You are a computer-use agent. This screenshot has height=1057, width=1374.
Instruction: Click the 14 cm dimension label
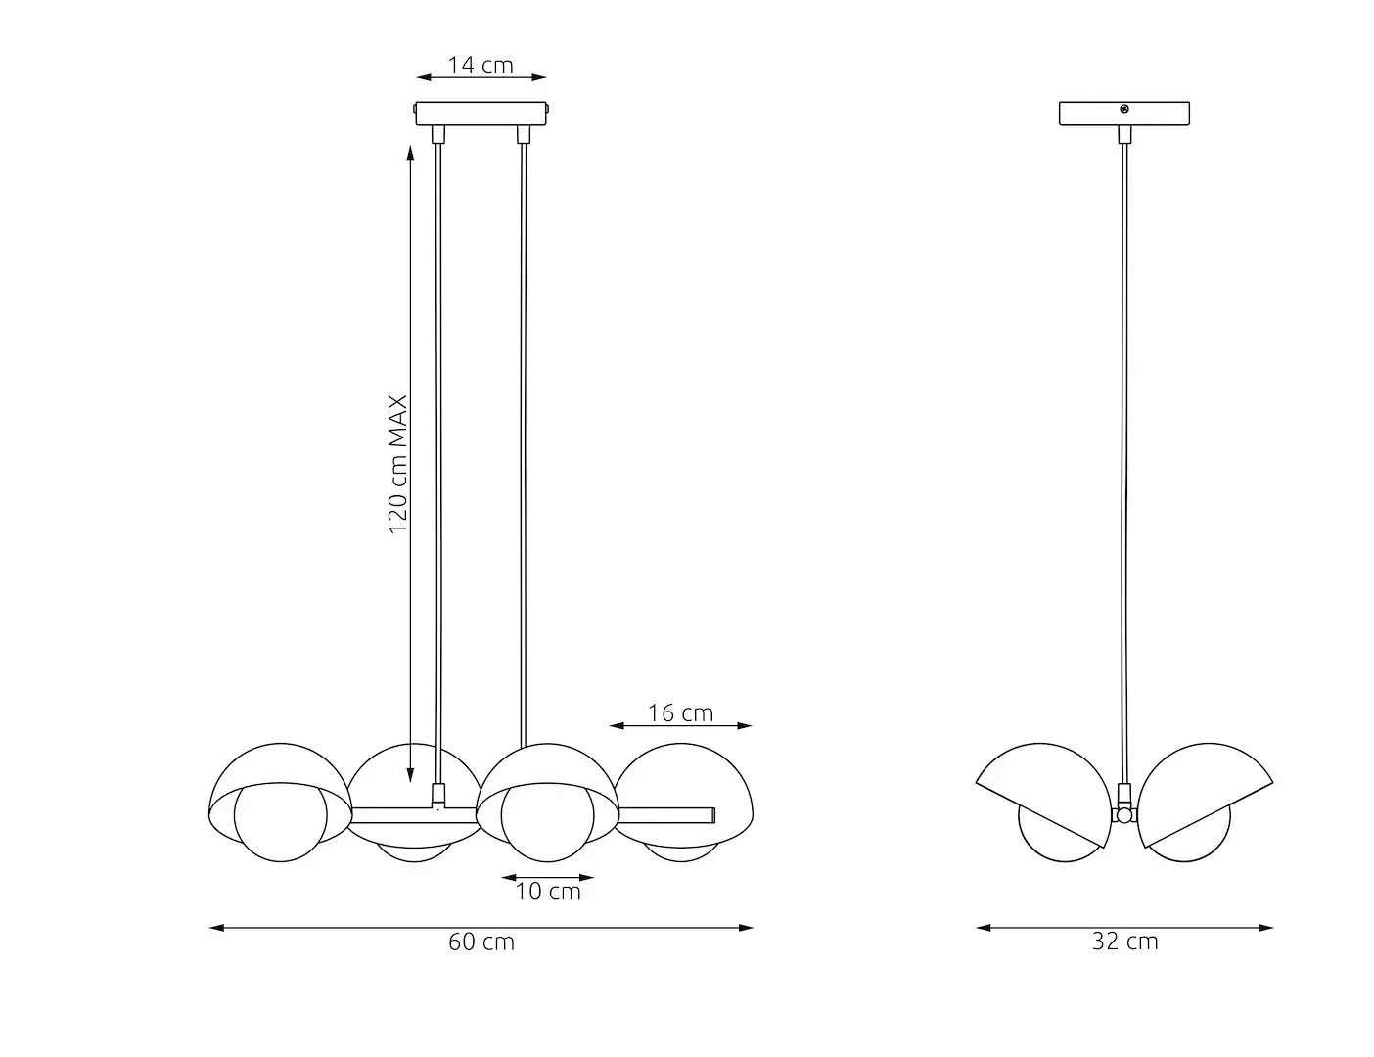tap(481, 65)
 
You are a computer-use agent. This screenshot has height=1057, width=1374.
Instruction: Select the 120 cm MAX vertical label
tap(398, 465)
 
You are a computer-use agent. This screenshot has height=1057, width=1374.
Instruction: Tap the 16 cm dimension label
tap(680, 712)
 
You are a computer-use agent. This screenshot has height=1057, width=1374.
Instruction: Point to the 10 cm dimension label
tap(548, 892)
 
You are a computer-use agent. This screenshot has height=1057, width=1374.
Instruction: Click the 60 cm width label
tap(481, 942)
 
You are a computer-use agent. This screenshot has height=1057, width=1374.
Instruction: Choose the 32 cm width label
tap(1124, 942)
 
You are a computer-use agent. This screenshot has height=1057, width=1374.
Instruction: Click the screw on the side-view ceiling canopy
tap(1124, 109)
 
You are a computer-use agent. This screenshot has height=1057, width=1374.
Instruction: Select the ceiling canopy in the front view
tap(481, 113)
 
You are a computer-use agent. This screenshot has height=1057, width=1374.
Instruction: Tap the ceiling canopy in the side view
tap(1124, 115)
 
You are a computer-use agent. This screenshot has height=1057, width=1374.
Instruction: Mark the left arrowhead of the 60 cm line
tap(214, 927)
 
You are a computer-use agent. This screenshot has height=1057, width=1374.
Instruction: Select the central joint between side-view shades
tap(1124, 814)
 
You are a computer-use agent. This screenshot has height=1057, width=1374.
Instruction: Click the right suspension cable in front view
tap(524, 440)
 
